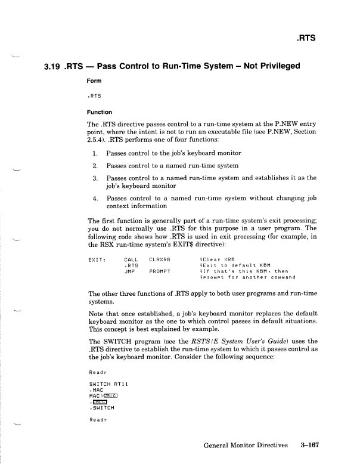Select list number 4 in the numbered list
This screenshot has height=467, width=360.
(95, 198)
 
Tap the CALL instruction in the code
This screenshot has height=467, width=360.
(131, 259)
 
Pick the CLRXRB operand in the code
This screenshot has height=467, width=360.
(160, 259)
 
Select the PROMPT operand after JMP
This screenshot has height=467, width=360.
(160, 271)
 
